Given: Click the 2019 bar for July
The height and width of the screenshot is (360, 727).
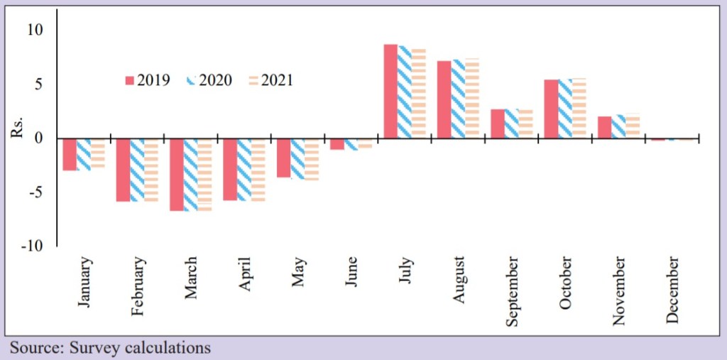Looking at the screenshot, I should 390,91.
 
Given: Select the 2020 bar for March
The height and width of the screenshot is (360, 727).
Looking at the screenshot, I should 190,175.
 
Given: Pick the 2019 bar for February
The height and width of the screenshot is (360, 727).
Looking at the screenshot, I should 124,170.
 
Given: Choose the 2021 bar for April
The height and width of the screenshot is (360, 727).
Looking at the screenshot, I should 257,170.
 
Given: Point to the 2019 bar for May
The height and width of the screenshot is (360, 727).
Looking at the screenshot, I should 283,158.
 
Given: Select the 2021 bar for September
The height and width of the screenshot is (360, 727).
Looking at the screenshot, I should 525,124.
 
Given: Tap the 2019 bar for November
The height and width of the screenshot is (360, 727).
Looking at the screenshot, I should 604,127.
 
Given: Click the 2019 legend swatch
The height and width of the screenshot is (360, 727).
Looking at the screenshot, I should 129,80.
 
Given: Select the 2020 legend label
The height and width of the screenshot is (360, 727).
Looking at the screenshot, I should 215,80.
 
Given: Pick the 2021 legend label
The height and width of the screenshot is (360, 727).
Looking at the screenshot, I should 277,80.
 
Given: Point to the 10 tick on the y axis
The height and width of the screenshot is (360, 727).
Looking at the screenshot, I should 35,30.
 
